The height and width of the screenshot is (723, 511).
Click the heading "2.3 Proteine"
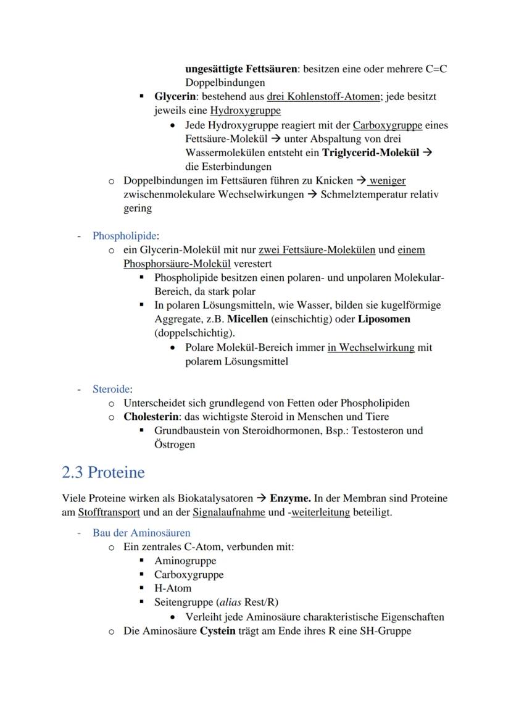pos(104,472)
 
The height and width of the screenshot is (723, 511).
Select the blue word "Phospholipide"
pos(125,236)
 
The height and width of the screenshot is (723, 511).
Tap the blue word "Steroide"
pos(111,389)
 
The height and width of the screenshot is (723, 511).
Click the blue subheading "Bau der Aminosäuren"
pos(141,532)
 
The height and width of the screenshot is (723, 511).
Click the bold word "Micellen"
pos(247,319)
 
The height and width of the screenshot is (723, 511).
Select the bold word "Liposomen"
pos(384,319)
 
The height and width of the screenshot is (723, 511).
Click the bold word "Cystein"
pos(217,631)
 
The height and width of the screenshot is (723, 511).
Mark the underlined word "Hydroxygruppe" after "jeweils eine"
pos(245,111)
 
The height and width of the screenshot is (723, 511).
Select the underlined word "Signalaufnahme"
pos(230,512)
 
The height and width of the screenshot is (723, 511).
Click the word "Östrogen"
pos(175,445)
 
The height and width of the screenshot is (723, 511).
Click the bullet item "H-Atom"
pos(173,588)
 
